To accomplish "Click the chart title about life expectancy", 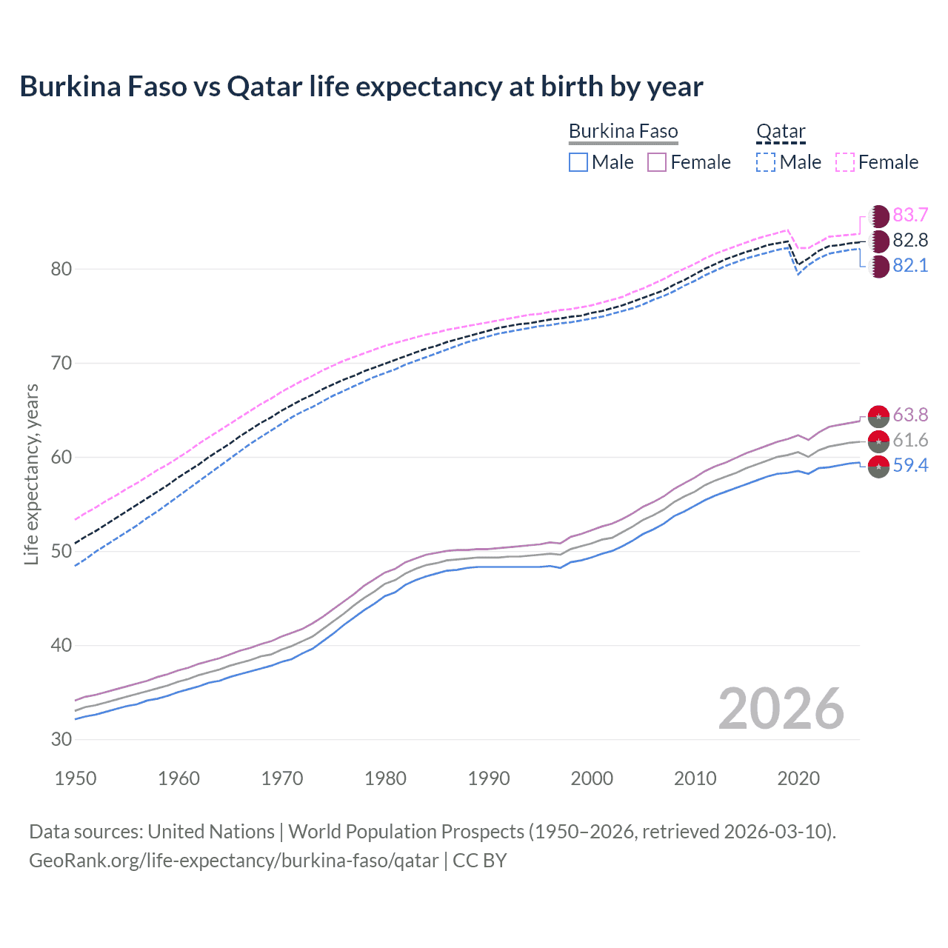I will pyautogui.click(x=361, y=87).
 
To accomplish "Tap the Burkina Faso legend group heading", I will pyautogui.click(x=623, y=132).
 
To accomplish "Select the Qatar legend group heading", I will pyautogui.click(x=781, y=132).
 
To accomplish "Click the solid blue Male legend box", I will pyautogui.click(x=578, y=162).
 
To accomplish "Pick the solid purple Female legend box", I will pyautogui.click(x=657, y=162).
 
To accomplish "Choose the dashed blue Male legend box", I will pyautogui.click(x=766, y=162).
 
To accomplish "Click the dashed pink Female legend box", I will pyautogui.click(x=845, y=162).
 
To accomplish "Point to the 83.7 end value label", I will pyautogui.click(x=910, y=216).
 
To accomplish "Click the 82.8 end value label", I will pyautogui.click(x=910, y=241).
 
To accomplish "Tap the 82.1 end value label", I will pyautogui.click(x=910, y=266).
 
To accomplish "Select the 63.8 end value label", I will pyautogui.click(x=910, y=415).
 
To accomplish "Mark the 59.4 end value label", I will pyautogui.click(x=910, y=466).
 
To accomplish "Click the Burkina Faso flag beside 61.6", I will pyautogui.click(x=878, y=441).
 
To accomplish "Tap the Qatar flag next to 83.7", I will pyautogui.click(x=878, y=216).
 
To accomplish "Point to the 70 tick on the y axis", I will pyautogui.click(x=61, y=363).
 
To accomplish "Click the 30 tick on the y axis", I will pyautogui.click(x=61, y=739).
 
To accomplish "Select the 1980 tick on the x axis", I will pyautogui.click(x=385, y=778).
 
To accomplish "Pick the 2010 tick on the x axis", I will pyautogui.click(x=695, y=778).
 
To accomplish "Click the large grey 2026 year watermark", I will pyautogui.click(x=781, y=709).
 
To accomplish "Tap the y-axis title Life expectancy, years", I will pyautogui.click(x=32, y=474).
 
